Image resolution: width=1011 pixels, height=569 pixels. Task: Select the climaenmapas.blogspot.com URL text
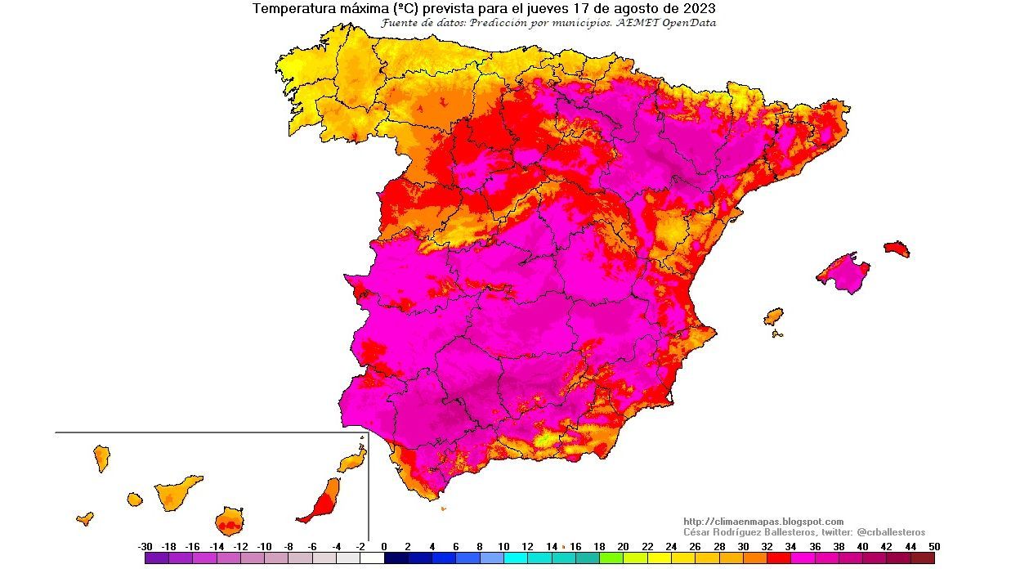[x=763, y=522]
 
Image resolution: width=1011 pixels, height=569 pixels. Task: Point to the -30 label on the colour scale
[x=145, y=547]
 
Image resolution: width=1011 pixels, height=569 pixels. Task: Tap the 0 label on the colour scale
[x=384, y=547]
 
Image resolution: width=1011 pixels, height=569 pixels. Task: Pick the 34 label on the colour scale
[x=790, y=547]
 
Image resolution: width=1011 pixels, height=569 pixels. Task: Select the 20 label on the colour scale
[x=623, y=547]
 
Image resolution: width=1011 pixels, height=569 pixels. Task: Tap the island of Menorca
[x=897, y=248]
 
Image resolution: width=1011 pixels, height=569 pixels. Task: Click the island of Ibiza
[x=773, y=316]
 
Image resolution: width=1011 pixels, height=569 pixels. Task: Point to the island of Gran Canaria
[x=230, y=520]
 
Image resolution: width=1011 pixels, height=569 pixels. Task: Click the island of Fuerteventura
[x=322, y=501]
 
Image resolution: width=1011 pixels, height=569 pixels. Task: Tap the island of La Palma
[x=102, y=458]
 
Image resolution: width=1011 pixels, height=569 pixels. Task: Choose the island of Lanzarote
[x=353, y=460]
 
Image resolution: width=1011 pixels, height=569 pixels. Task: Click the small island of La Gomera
[x=135, y=499]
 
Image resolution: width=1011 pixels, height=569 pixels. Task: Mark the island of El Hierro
[x=85, y=518]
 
